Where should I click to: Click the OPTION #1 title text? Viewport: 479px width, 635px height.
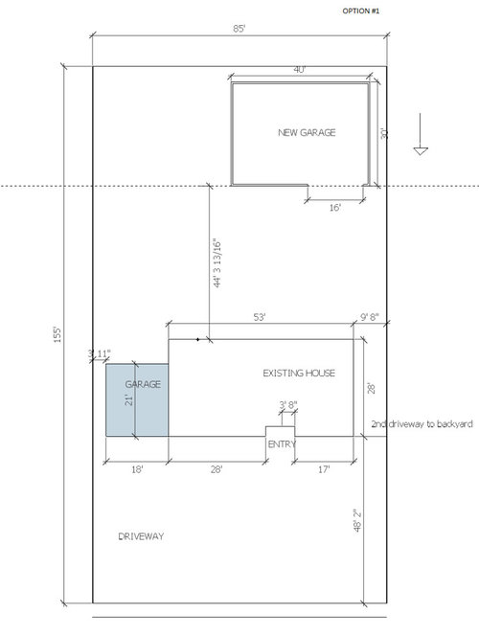click(361, 11)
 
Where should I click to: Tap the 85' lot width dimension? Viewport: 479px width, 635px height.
click(239, 29)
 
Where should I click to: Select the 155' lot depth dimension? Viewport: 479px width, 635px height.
click(57, 334)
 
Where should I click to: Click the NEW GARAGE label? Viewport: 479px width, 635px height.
click(307, 132)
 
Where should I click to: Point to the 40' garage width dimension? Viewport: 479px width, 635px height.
click(299, 70)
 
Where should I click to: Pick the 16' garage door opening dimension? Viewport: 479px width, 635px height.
click(335, 208)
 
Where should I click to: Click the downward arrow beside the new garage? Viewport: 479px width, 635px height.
click(421, 134)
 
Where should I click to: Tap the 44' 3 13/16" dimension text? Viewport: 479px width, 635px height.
click(217, 262)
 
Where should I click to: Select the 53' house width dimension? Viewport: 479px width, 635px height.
click(260, 317)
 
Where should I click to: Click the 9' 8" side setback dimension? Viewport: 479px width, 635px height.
click(370, 317)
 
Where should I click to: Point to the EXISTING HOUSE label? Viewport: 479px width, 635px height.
click(299, 373)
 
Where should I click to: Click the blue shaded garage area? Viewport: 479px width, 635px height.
click(137, 400)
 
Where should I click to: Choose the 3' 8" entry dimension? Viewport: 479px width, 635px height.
click(288, 404)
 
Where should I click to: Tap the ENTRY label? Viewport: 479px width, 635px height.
click(282, 444)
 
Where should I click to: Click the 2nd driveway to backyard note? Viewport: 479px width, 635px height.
click(422, 424)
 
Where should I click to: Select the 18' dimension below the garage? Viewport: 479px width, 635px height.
click(137, 469)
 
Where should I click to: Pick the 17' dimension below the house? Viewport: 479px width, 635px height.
click(324, 469)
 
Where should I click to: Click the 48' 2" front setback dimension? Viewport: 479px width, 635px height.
click(357, 520)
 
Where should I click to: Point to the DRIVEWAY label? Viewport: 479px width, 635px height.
click(141, 536)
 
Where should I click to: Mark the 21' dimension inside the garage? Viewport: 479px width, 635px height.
click(128, 400)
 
